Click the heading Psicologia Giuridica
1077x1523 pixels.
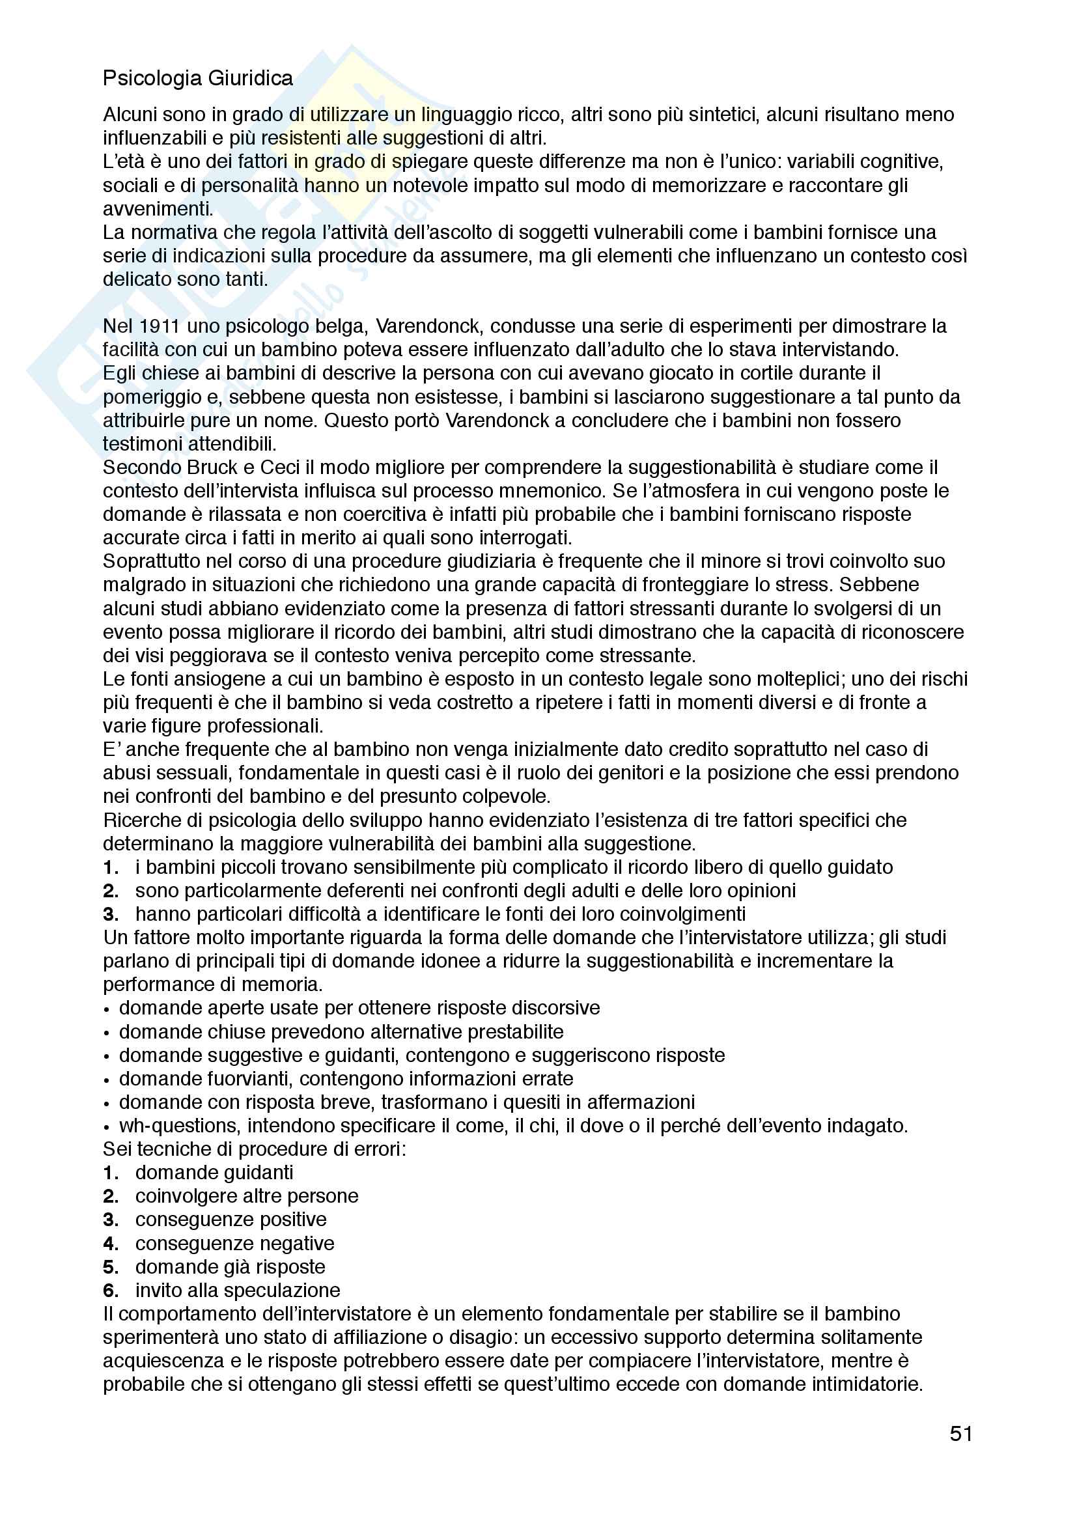click(x=198, y=78)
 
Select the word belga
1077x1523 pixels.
click(x=339, y=326)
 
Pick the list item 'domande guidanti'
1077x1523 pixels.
click(x=214, y=1173)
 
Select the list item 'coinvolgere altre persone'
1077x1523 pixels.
click(x=246, y=1196)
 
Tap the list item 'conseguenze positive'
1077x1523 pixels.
click(x=230, y=1219)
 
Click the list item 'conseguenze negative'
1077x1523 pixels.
click(x=234, y=1243)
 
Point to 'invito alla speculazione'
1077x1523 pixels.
click(x=237, y=1290)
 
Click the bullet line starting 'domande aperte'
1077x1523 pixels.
click(x=359, y=1008)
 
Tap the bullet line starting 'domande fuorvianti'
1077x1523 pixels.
click(x=346, y=1078)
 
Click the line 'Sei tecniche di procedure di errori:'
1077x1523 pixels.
click(x=254, y=1149)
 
